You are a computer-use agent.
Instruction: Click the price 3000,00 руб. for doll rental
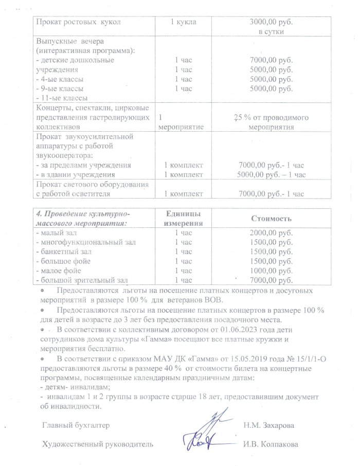pos(271,23)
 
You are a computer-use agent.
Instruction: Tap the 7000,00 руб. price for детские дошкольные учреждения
pos(271,60)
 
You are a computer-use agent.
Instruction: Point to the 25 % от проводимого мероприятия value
pos(271,121)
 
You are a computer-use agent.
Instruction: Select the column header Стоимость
pos(271,219)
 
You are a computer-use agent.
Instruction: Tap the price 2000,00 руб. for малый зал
pos(271,233)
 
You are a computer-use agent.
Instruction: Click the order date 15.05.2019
pos(228,359)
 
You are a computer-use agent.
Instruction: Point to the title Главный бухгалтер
pos(75,425)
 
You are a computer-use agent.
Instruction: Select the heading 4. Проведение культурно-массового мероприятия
pos(82,219)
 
